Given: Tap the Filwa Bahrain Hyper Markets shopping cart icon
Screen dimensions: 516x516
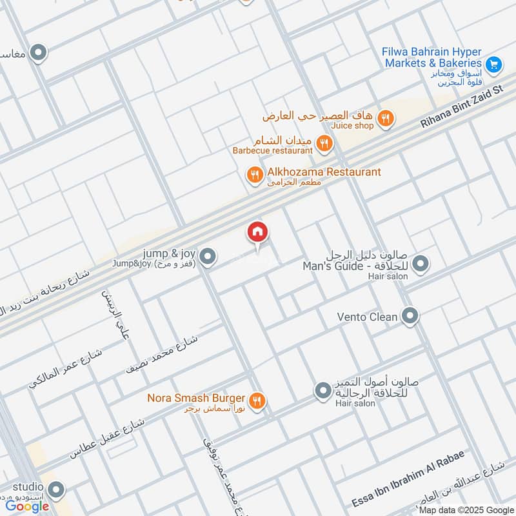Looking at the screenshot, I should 494,64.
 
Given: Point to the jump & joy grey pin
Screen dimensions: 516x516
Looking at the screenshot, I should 207,257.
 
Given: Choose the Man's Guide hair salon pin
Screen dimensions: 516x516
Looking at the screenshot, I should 421,264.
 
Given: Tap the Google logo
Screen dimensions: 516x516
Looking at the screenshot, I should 27,506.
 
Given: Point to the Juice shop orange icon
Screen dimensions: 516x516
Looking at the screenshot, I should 386,118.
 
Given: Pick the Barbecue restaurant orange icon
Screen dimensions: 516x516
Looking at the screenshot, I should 325,145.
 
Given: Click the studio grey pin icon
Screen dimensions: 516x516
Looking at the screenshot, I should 57,490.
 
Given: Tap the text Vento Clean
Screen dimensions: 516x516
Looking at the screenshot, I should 367,317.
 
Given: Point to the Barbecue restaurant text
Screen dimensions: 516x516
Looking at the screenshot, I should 272,151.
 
